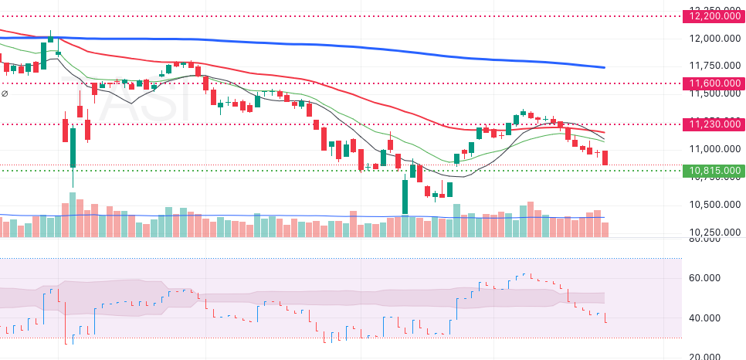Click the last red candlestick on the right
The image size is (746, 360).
(605, 158)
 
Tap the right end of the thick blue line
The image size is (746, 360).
(603, 67)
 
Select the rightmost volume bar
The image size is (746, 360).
(605, 229)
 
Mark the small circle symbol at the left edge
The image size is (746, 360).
(5, 93)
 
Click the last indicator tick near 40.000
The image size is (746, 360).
(605, 318)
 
